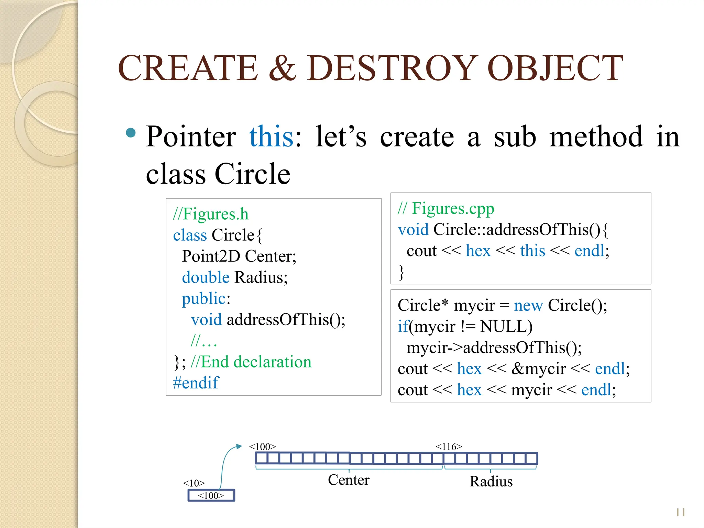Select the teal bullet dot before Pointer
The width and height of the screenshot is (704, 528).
(x=131, y=133)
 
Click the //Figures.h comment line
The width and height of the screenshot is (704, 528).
(x=210, y=214)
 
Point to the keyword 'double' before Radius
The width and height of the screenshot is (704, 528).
(x=206, y=277)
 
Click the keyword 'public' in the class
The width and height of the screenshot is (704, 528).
(x=203, y=298)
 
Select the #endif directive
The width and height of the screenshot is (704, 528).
(x=196, y=383)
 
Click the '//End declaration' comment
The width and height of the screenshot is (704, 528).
(x=251, y=362)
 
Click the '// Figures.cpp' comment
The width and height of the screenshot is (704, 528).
(x=446, y=208)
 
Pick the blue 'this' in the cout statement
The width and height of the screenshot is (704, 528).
(x=532, y=251)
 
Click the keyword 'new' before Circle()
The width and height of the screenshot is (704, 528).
(x=528, y=305)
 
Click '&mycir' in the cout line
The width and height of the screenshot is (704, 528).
(x=538, y=369)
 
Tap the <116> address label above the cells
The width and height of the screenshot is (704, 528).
(x=449, y=447)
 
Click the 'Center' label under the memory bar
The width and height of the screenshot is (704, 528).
(x=349, y=480)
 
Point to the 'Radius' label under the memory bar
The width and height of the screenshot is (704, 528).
(x=491, y=481)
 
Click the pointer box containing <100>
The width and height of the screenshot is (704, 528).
(x=211, y=495)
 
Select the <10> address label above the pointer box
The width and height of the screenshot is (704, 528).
(x=194, y=483)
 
